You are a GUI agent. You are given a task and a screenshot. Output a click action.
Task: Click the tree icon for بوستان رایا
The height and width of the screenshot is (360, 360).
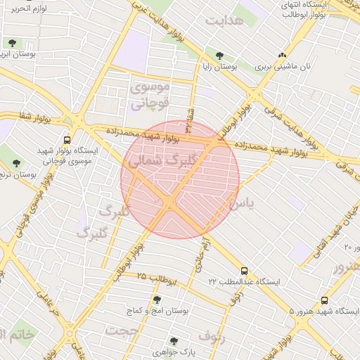pyautogui.click(x=220, y=55)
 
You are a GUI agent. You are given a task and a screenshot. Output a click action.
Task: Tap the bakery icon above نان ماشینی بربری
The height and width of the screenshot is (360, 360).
pyautogui.click(x=282, y=55)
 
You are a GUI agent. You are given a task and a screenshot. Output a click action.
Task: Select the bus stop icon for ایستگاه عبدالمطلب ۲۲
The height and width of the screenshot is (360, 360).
pyautogui.click(x=244, y=271)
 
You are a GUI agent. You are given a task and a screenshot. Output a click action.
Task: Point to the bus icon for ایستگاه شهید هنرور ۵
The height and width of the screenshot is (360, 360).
pyautogui.click(x=324, y=300)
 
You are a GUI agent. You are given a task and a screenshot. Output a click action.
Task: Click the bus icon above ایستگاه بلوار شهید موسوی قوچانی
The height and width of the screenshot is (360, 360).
pyautogui.click(x=67, y=140)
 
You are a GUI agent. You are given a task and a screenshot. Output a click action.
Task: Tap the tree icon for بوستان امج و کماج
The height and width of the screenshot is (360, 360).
pyautogui.click(x=156, y=299)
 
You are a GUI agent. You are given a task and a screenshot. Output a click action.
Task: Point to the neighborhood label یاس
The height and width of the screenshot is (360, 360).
pyautogui.click(x=240, y=205)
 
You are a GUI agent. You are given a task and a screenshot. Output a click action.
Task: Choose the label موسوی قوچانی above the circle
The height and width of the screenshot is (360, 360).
pyautogui.click(x=149, y=96)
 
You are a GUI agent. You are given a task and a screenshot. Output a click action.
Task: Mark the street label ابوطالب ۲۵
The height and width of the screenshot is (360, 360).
pyautogui.click(x=155, y=278)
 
